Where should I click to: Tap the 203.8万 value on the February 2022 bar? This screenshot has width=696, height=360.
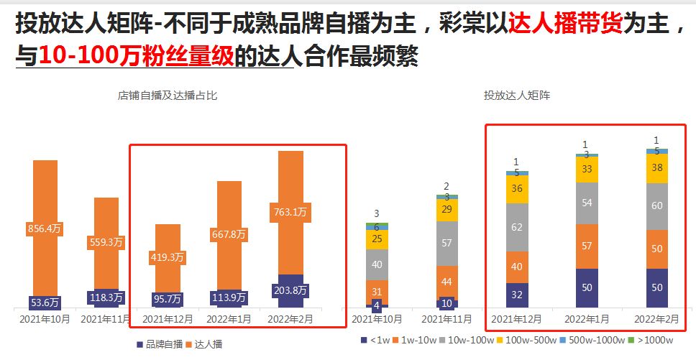coord(290,291)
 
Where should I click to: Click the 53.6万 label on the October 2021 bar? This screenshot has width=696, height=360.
coord(45,302)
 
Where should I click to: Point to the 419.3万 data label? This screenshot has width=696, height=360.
coord(168,257)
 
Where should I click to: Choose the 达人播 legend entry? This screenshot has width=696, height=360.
coord(205,343)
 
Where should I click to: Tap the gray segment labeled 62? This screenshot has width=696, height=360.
coord(516,227)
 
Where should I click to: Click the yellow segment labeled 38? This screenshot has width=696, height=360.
coord(656,168)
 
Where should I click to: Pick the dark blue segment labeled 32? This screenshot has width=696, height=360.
coord(516,295)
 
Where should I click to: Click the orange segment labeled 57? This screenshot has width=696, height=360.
coord(586,246)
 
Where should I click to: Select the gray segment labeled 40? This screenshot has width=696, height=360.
coord(377,264)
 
